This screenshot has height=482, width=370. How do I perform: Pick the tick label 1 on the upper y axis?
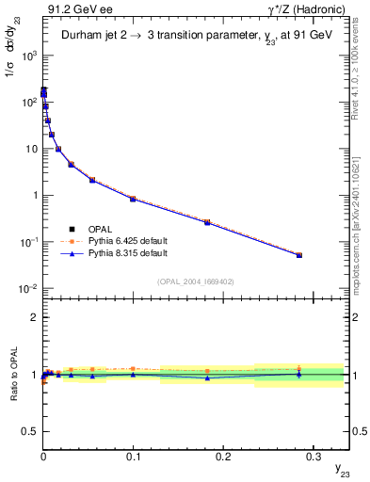(x=33, y=196)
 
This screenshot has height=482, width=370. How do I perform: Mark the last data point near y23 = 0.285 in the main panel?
(x=299, y=255)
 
